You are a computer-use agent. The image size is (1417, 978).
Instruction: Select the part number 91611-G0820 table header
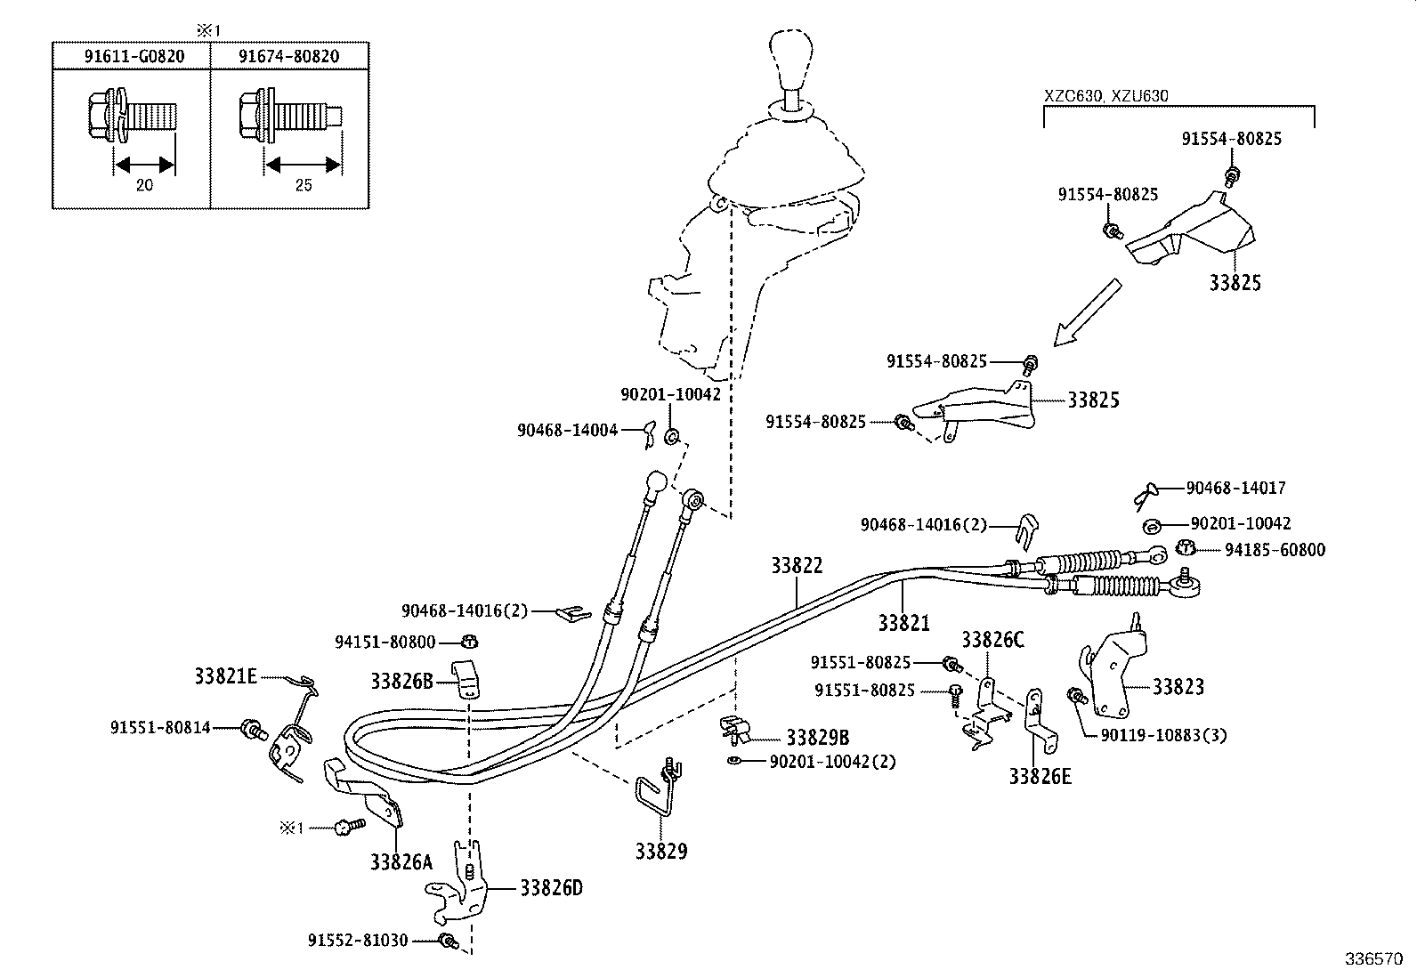click(x=134, y=56)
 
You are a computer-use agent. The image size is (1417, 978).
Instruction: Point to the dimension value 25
click(x=304, y=185)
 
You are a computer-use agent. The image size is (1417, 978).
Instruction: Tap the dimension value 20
click(x=144, y=185)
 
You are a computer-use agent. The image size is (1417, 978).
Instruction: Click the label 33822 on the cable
click(x=797, y=565)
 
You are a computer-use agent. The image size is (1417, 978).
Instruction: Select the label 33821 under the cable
click(x=903, y=623)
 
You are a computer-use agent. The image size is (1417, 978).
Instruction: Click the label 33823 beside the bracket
click(x=1178, y=686)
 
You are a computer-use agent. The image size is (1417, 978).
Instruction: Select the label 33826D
click(x=551, y=888)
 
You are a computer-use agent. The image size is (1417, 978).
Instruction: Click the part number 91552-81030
click(x=358, y=940)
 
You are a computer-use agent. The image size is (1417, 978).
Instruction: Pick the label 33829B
click(x=817, y=738)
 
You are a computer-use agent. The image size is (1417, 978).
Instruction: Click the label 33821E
click(x=225, y=676)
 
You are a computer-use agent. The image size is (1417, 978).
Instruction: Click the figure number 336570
click(x=1372, y=960)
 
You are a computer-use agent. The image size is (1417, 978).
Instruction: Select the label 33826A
click(x=401, y=861)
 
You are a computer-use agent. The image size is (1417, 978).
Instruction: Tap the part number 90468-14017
click(x=1235, y=488)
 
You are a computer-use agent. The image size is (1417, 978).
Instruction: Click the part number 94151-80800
click(x=385, y=642)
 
